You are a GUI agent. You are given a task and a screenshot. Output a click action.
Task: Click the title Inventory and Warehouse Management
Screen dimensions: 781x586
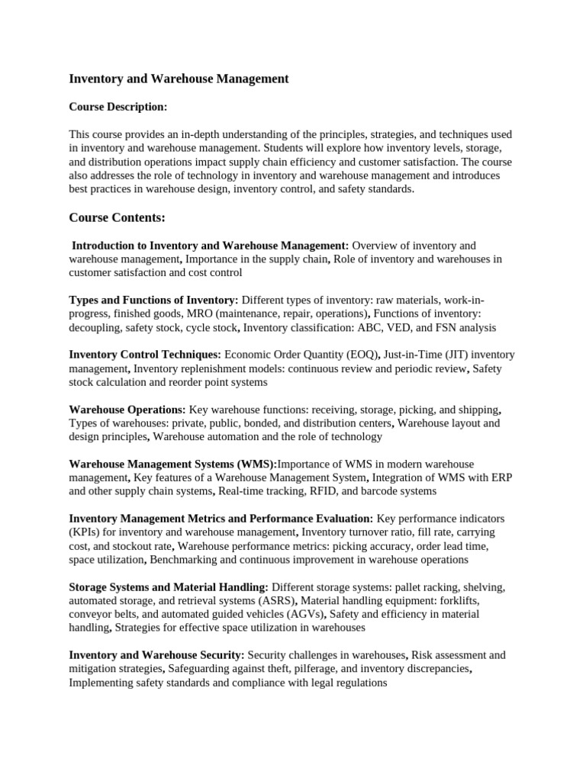coord(179,79)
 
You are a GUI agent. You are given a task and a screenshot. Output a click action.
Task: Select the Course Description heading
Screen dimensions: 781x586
coord(118,107)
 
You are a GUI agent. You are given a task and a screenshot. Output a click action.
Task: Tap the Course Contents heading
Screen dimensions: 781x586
coord(117,218)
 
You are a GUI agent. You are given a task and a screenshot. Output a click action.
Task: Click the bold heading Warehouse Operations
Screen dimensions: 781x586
coord(127,410)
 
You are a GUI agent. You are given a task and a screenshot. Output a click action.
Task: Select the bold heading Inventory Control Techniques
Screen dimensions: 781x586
coord(145,355)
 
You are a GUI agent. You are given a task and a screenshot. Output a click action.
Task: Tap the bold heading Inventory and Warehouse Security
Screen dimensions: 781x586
coord(156,656)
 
